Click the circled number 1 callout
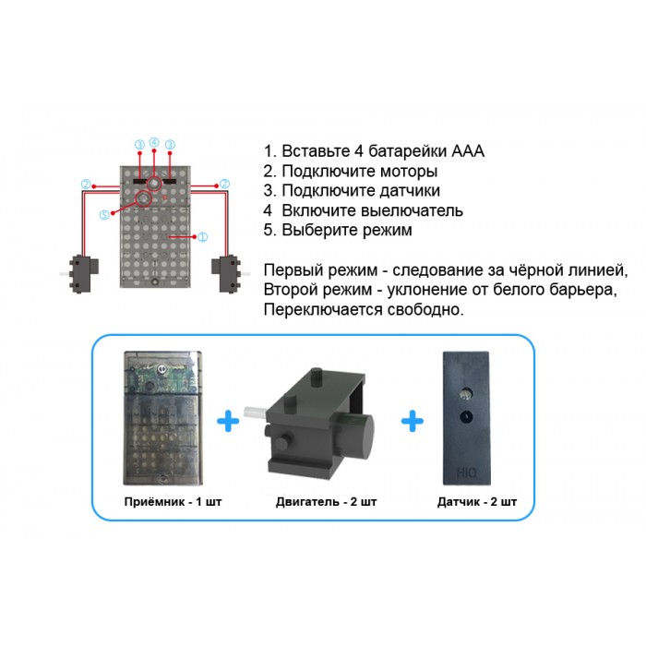tap(203, 236)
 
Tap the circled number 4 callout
tap(154, 142)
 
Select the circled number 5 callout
tap(104, 215)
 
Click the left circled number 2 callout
tap(85, 185)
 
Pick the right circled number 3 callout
tap(170, 144)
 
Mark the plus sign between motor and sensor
tap(412, 422)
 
